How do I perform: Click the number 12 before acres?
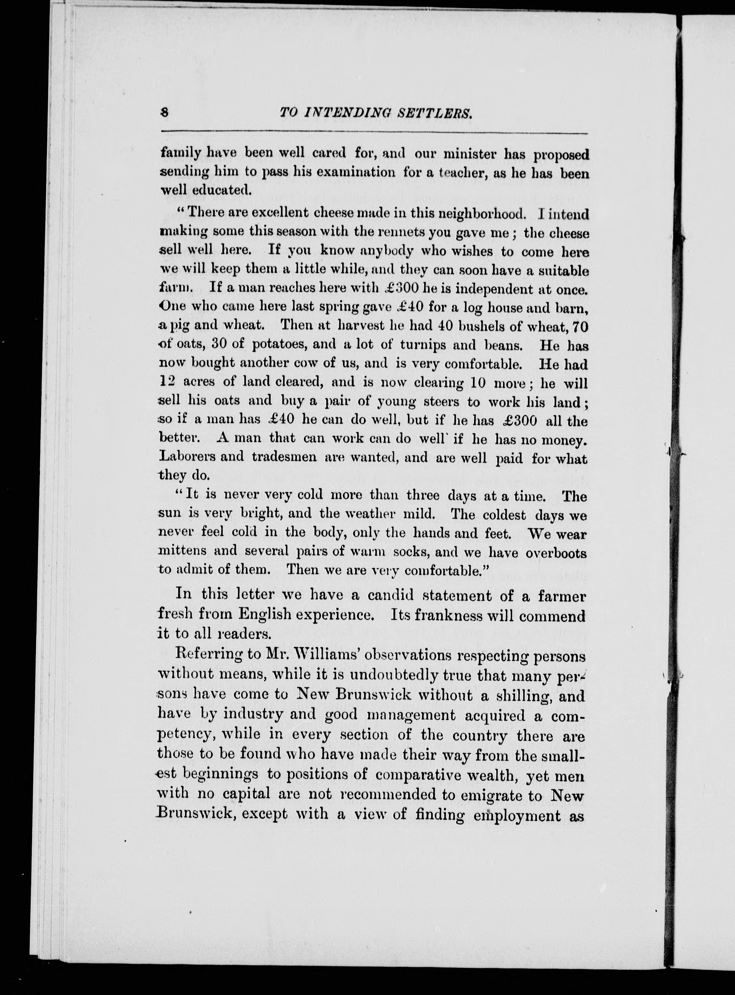tap(168, 382)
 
